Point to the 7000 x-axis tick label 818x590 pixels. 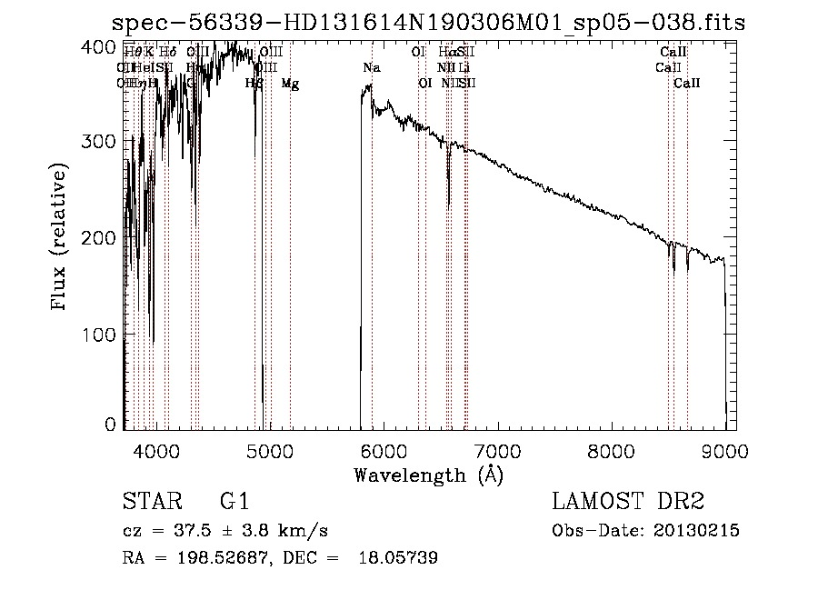tap(497, 451)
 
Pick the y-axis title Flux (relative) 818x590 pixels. tap(60, 238)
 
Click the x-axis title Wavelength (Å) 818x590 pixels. tap(428, 475)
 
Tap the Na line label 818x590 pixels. tap(371, 68)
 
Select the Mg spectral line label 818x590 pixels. tap(290, 84)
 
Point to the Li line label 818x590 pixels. tap(464, 68)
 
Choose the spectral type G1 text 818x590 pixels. tap(234, 502)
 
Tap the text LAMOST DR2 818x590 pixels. tap(628, 502)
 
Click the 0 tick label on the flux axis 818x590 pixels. tap(110, 425)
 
